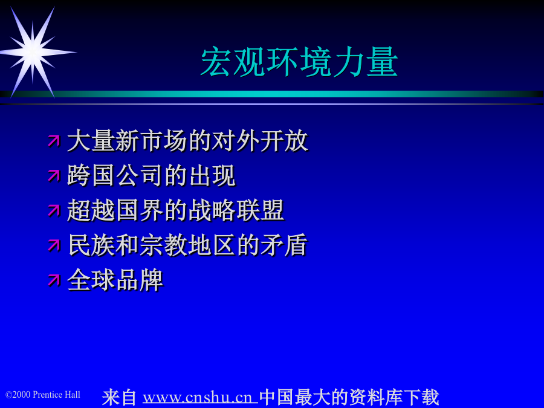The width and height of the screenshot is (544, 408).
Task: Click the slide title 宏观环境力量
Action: point(299,62)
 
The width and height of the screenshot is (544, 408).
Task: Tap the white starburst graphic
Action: point(34,52)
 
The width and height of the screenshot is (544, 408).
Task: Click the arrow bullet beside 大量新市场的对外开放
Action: point(54,141)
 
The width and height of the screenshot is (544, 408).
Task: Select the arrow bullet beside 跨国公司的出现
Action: point(54,175)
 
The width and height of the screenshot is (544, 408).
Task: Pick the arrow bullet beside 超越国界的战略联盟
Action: point(54,210)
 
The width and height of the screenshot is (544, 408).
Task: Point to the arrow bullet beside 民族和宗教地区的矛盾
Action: point(54,245)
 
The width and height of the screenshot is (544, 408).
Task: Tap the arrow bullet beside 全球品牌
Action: point(54,280)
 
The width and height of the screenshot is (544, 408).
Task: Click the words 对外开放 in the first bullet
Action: point(260,141)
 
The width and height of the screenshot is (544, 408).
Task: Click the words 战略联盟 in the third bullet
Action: point(236,210)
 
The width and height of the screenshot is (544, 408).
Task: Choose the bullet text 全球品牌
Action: point(115,280)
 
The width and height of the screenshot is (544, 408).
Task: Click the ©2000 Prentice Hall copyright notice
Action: point(43,395)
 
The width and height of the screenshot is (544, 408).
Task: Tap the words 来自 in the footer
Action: point(119,397)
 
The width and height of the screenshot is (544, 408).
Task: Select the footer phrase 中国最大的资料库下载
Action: point(349,397)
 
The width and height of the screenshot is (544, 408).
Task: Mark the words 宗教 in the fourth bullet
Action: point(163,245)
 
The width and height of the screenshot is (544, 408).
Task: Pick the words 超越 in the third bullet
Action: point(91,210)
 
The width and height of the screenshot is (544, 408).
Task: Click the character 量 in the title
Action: point(382,62)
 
